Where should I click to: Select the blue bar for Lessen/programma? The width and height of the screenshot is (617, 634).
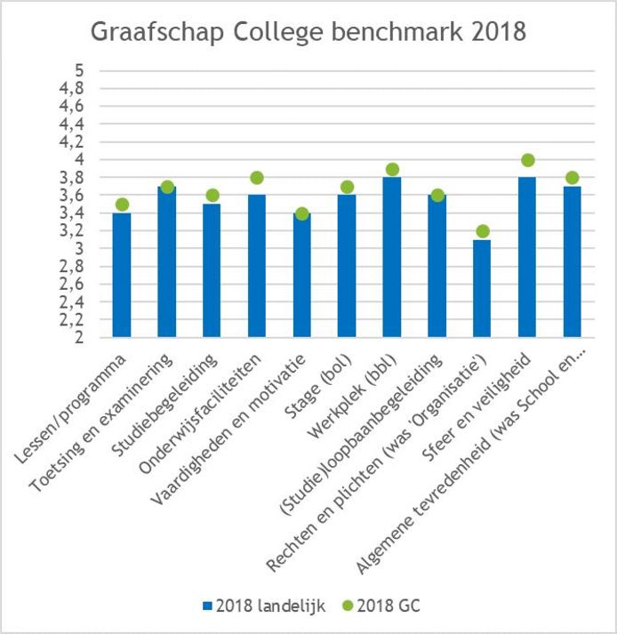[122, 276]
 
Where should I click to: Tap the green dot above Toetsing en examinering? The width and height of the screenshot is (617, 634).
[167, 187]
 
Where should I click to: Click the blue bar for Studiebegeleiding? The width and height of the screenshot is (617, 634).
[212, 271]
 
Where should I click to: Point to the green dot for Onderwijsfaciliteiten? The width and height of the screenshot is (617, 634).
[257, 178]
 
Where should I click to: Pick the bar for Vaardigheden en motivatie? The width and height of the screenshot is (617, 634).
[302, 276]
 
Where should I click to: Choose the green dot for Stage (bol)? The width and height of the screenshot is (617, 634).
[348, 187]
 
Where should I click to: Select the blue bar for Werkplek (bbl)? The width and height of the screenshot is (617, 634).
[392, 258]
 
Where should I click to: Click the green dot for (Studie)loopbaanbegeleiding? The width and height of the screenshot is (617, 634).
[437, 196]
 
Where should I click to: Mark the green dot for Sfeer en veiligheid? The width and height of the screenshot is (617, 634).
[527, 160]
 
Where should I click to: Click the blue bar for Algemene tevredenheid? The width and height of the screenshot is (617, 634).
[573, 262]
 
